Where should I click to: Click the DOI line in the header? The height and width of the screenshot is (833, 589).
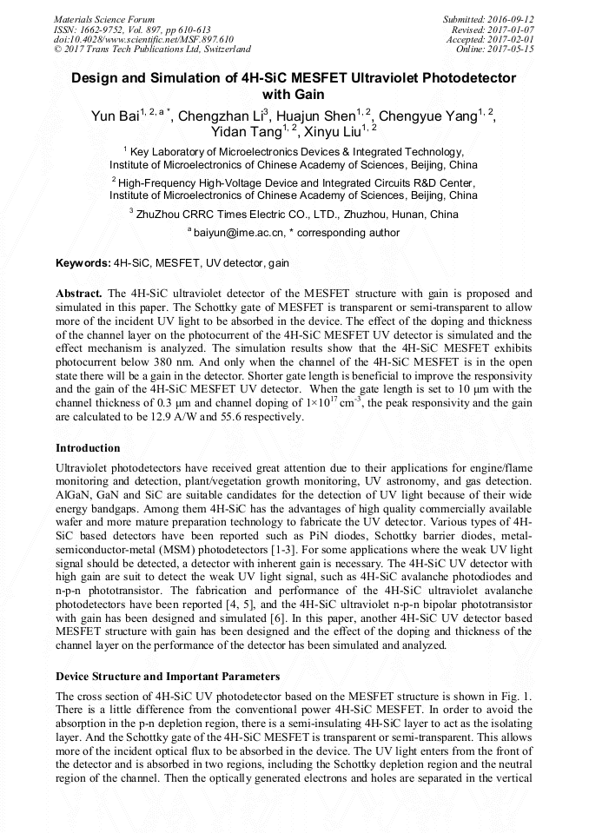[x=143, y=39]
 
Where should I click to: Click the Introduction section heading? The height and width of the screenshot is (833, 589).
[x=88, y=448]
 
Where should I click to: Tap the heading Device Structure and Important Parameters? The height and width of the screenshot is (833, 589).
[x=167, y=676]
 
